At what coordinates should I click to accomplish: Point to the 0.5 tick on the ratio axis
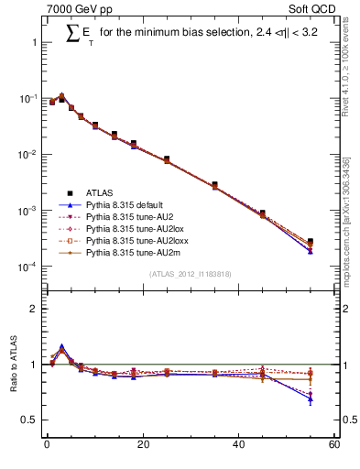30,420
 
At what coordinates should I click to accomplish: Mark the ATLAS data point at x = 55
311,242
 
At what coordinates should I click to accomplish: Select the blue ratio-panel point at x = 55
311,398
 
